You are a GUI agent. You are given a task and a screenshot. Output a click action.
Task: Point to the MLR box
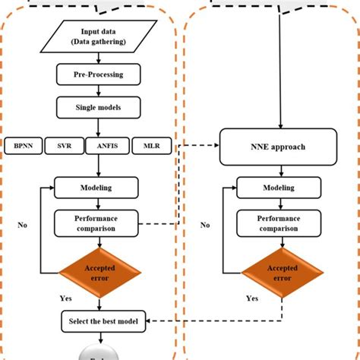(150, 144)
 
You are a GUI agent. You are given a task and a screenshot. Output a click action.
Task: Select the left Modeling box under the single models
(96, 187)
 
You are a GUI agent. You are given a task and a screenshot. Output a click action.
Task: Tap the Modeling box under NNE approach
(278, 187)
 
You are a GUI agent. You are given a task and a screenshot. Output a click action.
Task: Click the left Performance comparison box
(96, 223)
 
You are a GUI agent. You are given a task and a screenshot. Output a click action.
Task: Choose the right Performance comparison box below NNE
(278, 223)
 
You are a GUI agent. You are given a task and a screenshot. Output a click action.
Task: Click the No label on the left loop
(24, 225)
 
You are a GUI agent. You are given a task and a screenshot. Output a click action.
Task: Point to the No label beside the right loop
(205, 225)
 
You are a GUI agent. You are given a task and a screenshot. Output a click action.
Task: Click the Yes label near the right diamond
(252, 298)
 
